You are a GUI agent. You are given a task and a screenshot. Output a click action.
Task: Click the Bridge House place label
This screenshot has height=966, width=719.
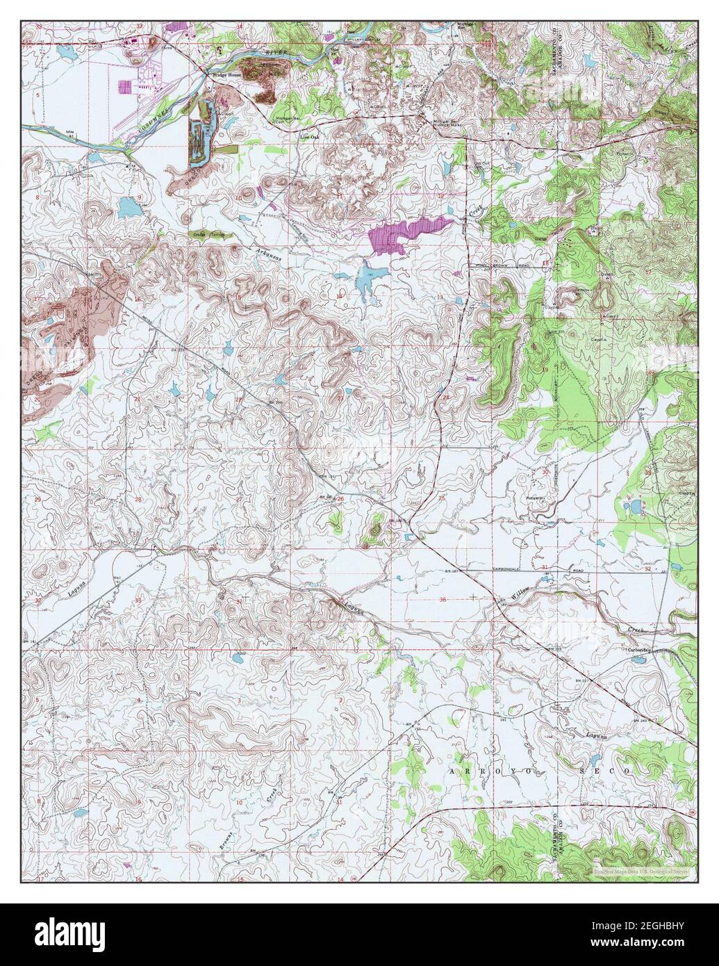pos(224,74)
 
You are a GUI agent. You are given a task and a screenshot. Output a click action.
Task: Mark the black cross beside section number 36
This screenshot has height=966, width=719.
pos(474,596)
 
